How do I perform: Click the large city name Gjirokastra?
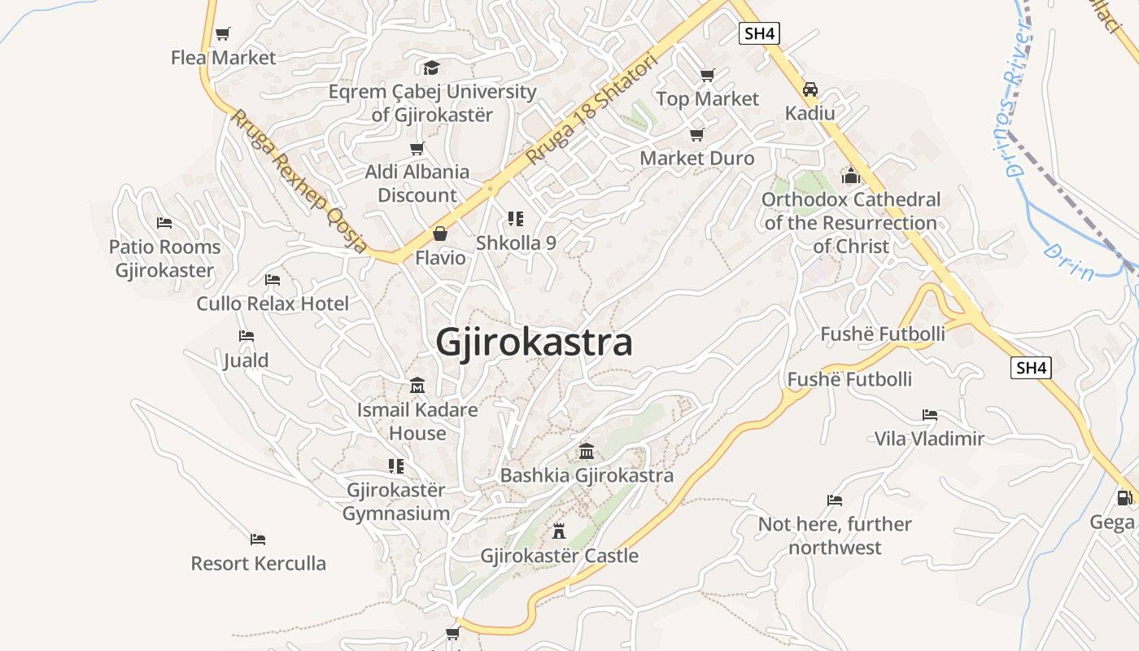pos(534,343)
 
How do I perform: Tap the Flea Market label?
pos(224,58)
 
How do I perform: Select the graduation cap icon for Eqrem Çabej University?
pos(431,68)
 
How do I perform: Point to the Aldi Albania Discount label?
pos(417,183)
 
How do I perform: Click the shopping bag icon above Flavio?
pos(440,234)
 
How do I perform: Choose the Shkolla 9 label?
pos(516,242)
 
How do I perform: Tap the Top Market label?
pos(707,99)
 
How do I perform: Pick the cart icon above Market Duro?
pos(696,134)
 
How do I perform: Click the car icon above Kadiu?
pos(810,90)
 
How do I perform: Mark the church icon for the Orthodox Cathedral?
pos(851,175)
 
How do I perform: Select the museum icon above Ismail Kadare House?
pos(417,385)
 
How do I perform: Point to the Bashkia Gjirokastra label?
pos(587,475)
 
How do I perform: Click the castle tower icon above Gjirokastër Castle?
pos(559,531)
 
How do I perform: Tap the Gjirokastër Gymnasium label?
pos(396,502)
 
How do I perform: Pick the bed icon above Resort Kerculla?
pos(258,539)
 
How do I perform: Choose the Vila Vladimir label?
pos(929,439)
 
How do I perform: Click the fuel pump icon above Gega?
pos(1124,497)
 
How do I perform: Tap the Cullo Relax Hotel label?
pos(273,304)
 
